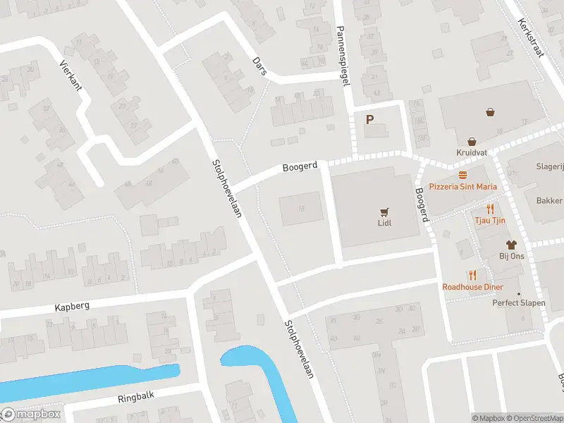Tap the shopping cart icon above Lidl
coord(384,211)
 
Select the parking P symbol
coord(369,120)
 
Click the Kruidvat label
coord(472,152)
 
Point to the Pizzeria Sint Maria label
coord(462,187)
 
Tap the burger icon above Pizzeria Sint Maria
coord(463,175)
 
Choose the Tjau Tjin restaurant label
coord(489,221)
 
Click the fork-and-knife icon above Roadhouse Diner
coord(472,275)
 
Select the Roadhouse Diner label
coord(472,287)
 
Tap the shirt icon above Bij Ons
coord(511,244)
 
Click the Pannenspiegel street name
coord(343,56)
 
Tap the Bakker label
coord(550,200)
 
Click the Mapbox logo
coord(32,415)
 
